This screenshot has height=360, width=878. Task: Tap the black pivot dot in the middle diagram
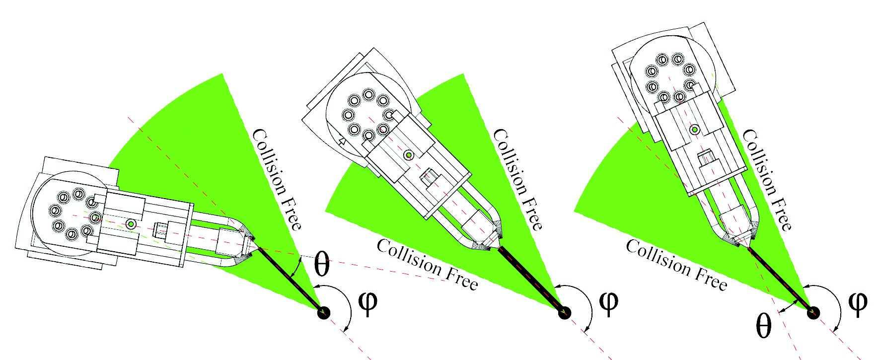click(565, 313)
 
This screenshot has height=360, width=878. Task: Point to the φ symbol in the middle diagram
click(608, 302)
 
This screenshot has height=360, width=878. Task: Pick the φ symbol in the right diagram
click(857, 302)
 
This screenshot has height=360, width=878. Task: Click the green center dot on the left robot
click(131, 224)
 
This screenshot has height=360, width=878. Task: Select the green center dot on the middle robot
click(408, 155)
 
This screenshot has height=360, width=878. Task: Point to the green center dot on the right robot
click(695, 130)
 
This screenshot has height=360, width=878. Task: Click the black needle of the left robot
click(288, 279)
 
